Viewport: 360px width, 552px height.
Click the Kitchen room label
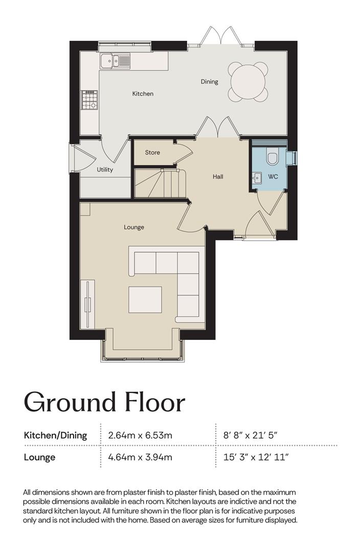[143, 94]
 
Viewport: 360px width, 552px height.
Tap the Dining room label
[209, 82]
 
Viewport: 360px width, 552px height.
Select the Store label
[152, 152]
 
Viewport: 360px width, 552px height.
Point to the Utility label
[105, 170]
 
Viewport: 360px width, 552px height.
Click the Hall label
[218, 177]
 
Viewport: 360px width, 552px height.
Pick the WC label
[273, 177]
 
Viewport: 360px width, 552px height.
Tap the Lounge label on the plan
[134, 227]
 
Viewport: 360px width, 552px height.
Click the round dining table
[248, 82]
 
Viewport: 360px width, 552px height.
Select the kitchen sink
[115, 60]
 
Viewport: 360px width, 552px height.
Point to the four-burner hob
[89, 100]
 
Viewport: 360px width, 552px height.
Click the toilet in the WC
[272, 157]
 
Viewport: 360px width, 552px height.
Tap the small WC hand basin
[257, 178]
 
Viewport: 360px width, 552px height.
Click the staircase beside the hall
[160, 183]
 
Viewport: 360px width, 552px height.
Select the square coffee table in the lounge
[145, 300]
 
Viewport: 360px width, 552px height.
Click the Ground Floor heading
[104, 403]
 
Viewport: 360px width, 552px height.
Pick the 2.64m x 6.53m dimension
[140, 435]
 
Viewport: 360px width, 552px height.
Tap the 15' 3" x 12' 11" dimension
[256, 457]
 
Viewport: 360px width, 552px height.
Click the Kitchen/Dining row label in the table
[55, 435]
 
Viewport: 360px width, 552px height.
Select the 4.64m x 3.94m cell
[140, 457]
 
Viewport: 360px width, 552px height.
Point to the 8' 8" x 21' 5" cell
[251, 435]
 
